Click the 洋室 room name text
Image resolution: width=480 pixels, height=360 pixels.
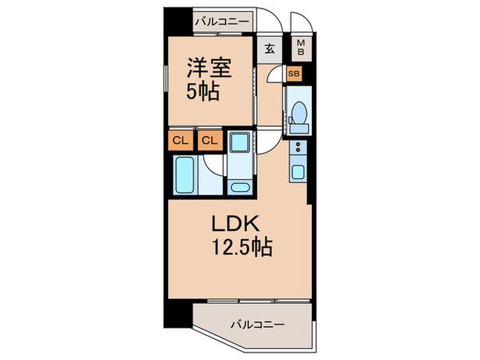211,69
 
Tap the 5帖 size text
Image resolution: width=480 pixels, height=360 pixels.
204,91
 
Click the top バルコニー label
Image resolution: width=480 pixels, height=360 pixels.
221,22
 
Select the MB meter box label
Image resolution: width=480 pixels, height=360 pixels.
300,49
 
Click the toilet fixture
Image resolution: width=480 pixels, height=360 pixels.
298,114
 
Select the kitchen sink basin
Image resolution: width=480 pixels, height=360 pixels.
298,171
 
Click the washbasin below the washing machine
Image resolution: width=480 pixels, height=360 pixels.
240,187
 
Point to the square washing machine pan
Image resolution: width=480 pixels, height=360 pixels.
240,144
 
